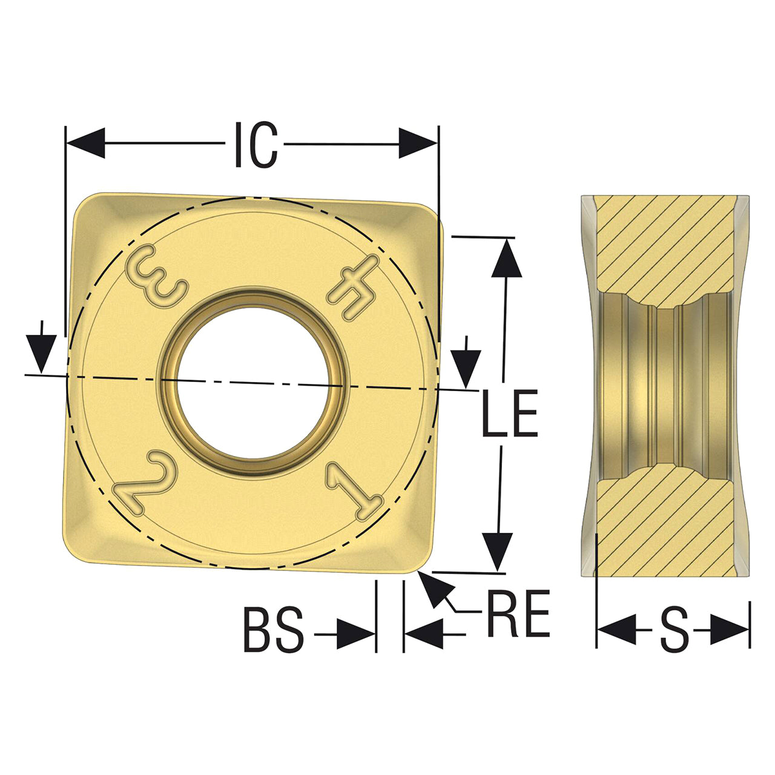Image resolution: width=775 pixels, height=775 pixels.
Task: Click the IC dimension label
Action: click(256, 144)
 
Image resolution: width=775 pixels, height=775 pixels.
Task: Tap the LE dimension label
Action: click(510, 413)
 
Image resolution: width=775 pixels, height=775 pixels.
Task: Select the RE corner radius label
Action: click(518, 613)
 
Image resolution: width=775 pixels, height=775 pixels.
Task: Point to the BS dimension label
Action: click(274, 630)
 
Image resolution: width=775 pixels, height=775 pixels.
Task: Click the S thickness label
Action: click(674, 630)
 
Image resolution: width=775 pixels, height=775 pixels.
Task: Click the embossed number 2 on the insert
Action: click(145, 483)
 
